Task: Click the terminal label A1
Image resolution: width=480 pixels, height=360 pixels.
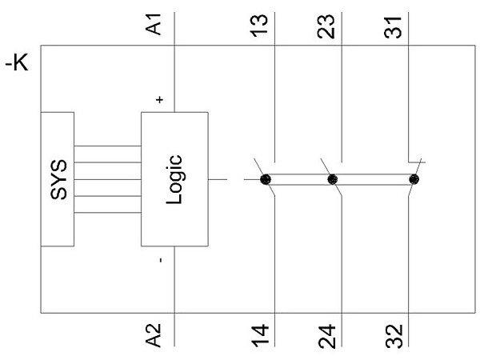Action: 158,26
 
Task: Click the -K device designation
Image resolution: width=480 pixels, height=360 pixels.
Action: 17,63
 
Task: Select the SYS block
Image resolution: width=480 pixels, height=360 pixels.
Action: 56,179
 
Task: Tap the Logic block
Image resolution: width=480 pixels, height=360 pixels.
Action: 174,179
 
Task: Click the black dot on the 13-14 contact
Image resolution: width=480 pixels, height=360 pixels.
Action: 266,179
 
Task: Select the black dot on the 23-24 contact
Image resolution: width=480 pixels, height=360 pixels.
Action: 334,179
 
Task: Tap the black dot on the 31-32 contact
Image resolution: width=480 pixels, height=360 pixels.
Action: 414,179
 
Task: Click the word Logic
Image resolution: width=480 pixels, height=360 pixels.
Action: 177,179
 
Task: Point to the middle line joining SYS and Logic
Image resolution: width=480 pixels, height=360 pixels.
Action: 107,179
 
